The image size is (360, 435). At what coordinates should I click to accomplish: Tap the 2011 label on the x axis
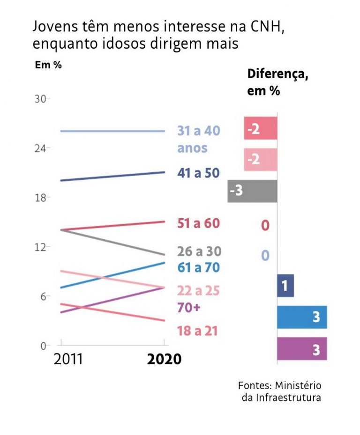(x=68, y=359)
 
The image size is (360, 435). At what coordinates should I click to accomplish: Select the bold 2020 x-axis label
(x=164, y=359)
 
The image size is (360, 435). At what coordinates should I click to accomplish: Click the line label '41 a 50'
(x=198, y=173)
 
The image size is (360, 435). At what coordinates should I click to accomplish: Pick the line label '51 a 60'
(x=198, y=223)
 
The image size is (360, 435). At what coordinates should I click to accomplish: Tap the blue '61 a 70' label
(x=199, y=267)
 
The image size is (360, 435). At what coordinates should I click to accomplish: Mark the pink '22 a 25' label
(x=198, y=291)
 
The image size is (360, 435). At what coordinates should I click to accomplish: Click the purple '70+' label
(x=189, y=308)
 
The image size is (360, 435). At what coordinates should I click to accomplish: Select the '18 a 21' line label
(x=198, y=331)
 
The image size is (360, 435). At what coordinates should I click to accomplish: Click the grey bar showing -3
(x=252, y=191)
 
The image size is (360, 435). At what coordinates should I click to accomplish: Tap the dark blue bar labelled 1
(x=285, y=286)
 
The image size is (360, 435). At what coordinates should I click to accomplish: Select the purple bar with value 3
(x=302, y=349)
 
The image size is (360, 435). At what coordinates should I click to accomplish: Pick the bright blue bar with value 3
(x=302, y=317)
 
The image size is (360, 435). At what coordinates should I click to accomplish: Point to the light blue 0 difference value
(x=265, y=256)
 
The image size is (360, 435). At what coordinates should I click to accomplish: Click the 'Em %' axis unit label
(x=48, y=65)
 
